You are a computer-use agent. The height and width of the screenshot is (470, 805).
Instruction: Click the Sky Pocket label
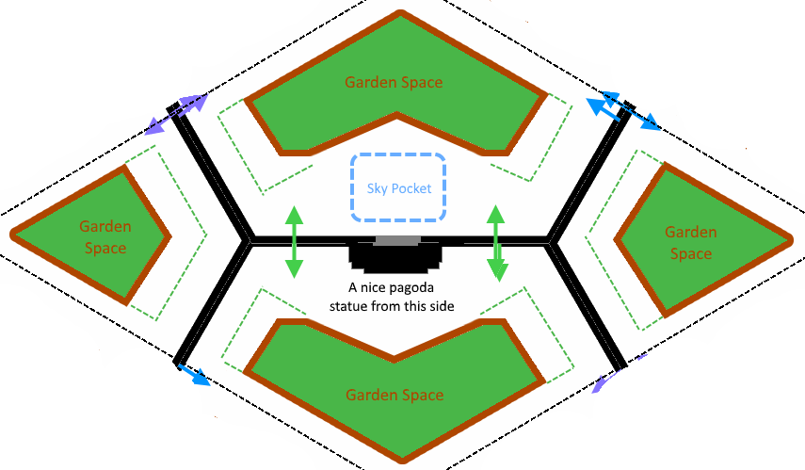pos(399,188)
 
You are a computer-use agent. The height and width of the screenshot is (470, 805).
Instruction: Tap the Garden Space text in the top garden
pos(394,82)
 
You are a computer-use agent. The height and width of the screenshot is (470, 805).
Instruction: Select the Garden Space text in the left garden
pos(105,237)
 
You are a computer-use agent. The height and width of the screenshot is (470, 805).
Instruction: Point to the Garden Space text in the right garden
pos(690,243)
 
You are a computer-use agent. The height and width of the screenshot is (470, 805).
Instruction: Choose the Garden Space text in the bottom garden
pos(394,395)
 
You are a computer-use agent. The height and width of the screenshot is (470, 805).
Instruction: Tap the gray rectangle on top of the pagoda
pos(397,241)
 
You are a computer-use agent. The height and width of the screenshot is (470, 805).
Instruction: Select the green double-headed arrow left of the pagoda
pos(295,241)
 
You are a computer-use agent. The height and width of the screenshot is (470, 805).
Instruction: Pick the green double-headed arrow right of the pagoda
pos(496,243)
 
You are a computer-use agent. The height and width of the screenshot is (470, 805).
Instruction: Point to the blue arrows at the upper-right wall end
pos(621,110)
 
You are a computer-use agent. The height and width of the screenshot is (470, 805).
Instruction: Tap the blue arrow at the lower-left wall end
pos(194,375)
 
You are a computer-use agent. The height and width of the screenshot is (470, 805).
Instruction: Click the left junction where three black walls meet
pos(250,241)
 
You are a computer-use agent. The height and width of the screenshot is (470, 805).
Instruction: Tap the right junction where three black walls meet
pos(552,241)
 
